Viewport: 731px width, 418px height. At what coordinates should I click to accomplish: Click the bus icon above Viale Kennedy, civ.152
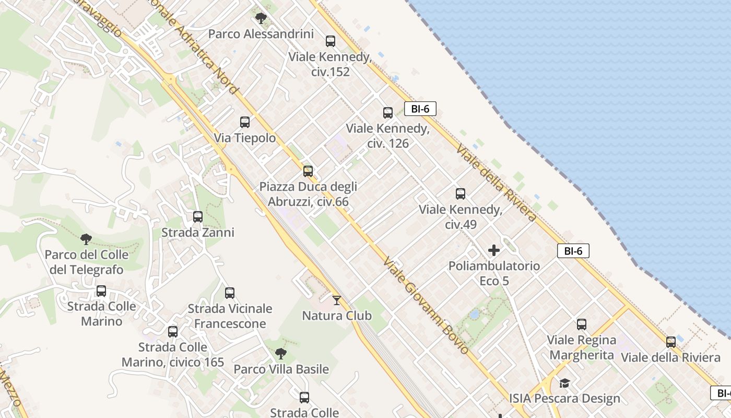point(330,41)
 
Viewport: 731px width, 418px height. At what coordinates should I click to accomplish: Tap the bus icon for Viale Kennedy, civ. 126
point(387,112)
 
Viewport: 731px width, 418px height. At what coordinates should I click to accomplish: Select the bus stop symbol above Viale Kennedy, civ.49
point(460,194)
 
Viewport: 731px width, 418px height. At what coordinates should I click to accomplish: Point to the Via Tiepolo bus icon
point(244,122)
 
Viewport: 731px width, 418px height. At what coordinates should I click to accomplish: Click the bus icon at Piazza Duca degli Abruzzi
point(308,171)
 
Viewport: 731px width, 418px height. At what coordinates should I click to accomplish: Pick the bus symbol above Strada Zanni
point(197,216)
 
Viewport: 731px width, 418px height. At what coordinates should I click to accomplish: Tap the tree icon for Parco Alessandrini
point(261,18)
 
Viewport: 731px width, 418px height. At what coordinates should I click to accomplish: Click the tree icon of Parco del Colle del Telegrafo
point(86,239)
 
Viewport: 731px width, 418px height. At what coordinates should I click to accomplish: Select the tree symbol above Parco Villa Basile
point(281,354)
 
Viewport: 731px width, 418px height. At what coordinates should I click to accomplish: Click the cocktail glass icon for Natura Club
point(337,300)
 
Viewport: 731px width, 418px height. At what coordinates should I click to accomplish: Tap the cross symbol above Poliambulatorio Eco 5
point(493,250)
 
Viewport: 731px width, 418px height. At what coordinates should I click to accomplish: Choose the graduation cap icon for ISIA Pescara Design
point(564,384)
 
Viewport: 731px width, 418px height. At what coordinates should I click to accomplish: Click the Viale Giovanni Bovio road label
point(425,305)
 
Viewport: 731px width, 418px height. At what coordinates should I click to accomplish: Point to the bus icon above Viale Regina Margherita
point(582,324)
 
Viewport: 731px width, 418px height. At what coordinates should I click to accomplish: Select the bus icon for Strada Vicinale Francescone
point(230,293)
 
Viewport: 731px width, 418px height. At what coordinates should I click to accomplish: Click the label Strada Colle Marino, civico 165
point(173,355)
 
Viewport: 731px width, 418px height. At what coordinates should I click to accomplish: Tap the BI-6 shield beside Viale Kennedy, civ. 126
point(420,109)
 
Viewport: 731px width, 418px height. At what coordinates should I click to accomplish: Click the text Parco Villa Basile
point(281,369)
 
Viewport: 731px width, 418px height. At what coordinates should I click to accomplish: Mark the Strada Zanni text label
point(198,233)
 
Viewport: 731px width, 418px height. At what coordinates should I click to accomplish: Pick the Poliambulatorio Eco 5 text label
point(494,273)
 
